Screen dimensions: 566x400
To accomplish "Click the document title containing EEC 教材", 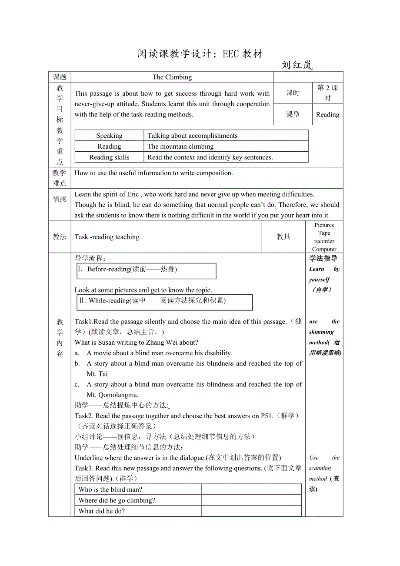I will coord(200,54).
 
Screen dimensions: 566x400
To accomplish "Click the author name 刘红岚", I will coord(297,65).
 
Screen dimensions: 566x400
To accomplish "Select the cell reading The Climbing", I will coord(172,77).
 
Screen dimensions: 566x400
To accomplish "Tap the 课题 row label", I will coord(60,77).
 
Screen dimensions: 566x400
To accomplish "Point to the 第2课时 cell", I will coord(327,93).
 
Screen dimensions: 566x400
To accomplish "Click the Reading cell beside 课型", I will coord(327,115).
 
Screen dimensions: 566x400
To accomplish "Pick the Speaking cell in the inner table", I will coord(109,136).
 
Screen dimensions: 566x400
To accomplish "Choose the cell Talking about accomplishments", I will coord(193,136).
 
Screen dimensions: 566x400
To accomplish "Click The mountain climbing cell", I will coord(180,146).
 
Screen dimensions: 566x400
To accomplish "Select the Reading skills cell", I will coord(109,157).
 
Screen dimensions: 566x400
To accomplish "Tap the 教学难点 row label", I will coord(60,178).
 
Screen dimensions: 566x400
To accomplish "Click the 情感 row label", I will coord(60,200).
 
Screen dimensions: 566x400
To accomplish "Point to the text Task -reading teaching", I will coord(107,237).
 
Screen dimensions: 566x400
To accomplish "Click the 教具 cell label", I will coord(283,237).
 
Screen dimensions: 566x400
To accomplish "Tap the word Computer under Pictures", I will coord(324,250).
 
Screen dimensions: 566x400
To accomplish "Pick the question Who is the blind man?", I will coord(110,489).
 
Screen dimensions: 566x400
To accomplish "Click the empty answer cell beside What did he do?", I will coord(251,511).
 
